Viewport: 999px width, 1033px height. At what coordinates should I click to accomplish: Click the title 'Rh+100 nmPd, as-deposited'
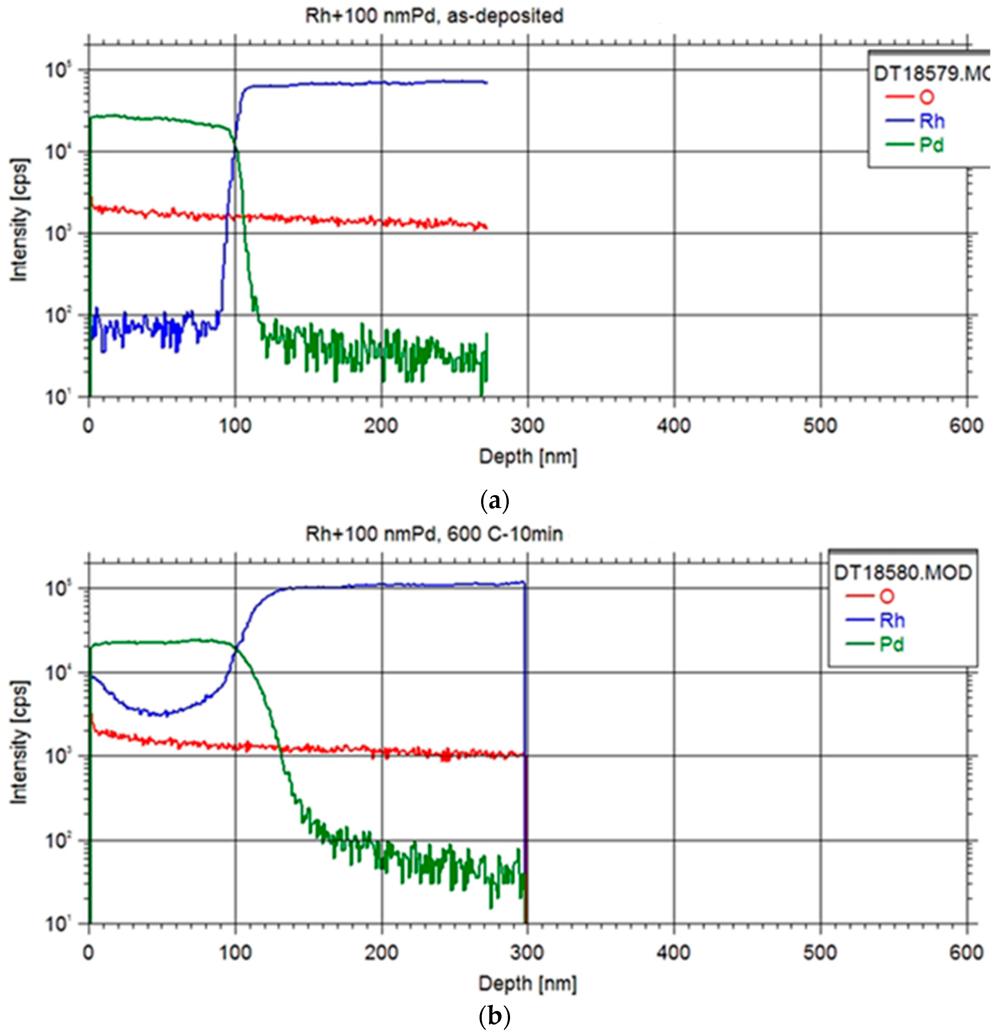pos(434,16)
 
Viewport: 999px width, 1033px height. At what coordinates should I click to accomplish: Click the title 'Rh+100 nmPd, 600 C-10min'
pos(434,534)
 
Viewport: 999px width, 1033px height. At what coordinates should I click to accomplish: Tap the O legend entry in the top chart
pos(926,98)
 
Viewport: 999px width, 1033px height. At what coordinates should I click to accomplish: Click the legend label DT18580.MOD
pos(902,573)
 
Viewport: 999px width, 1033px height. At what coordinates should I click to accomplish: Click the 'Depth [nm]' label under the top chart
pos(527,457)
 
